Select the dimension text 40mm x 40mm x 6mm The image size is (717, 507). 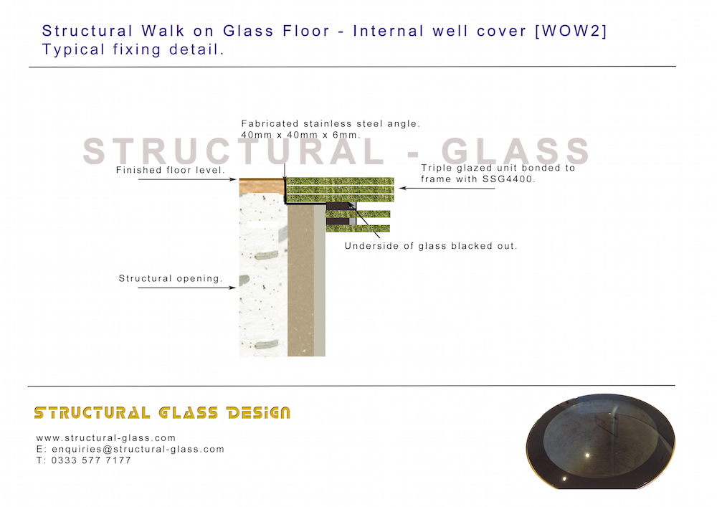300,135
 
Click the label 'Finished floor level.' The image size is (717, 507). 171,171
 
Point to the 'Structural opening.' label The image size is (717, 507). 171,278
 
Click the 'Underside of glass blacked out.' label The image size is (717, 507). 431,246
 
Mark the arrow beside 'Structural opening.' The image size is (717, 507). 186,288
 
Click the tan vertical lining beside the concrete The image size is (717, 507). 300,287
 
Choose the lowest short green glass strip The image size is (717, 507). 358,228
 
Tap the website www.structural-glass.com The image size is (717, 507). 106,437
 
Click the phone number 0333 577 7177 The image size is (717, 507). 91,460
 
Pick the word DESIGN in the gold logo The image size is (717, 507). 257,412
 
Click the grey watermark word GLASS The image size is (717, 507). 516,152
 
